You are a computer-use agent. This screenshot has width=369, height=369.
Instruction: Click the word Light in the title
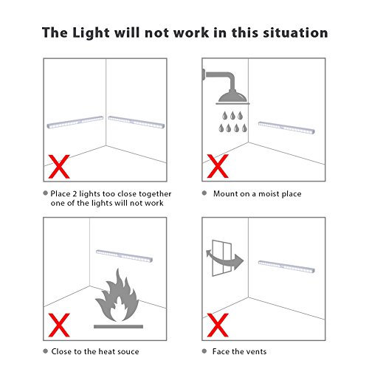pyautogui.click(x=91, y=33)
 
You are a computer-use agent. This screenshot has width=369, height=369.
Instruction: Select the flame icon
pyautogui.click(x=117, y=295)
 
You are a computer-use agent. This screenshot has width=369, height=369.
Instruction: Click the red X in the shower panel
pyautogui.click(x=218, y=166)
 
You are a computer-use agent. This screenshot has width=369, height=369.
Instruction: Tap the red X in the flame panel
pyautogui.click(x=59, y=325)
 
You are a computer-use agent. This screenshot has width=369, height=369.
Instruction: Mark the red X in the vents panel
pyautogui.click(x=218, y=325)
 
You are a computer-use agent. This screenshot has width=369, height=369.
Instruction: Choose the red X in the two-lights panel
pyautogui.click(x=59, y=167)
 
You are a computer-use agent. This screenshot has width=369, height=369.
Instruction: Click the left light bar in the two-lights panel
pyautogui.click(x=75, y=122)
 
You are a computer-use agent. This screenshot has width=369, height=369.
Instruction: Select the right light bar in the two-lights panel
pyautogui.click(x=137, y=122)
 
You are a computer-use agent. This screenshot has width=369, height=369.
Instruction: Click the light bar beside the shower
pyautogui.click(x=286, y=128)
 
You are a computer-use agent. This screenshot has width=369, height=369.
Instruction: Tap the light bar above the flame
pyautogui.click(x=124, y=256)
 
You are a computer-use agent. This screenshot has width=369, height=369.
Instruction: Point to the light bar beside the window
pyautogui.click(x=286, y=266)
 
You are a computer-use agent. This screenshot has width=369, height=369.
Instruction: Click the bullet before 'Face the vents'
pyautogui.click(x=204, y=351)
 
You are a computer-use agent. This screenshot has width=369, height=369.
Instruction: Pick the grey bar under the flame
pyautogui.click(x=118, y=326)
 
